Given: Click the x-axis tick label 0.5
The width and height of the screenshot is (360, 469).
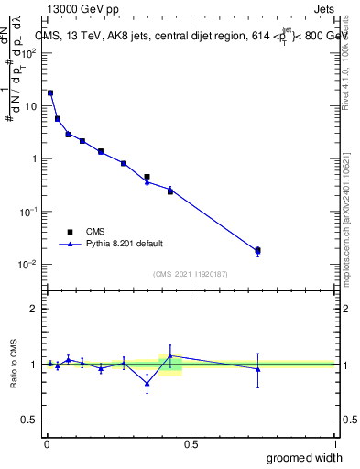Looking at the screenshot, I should pos(191,443).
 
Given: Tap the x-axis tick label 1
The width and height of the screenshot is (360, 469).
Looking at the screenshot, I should pos(334,443).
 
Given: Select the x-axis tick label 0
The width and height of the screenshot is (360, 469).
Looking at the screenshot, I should pos(46,443).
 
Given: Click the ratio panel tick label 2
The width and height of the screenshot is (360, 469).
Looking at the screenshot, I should pos(33,309).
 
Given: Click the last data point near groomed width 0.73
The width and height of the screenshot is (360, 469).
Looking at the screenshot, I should pos(257,250).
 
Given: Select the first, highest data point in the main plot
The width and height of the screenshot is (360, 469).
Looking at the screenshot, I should pos(50,93).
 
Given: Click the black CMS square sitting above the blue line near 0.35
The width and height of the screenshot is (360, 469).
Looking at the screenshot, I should pos(147,177).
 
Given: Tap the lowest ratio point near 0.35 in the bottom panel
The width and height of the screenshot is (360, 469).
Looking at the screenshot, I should pos(147,384).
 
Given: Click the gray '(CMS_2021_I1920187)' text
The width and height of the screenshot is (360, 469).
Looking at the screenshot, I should pos(191,272).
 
